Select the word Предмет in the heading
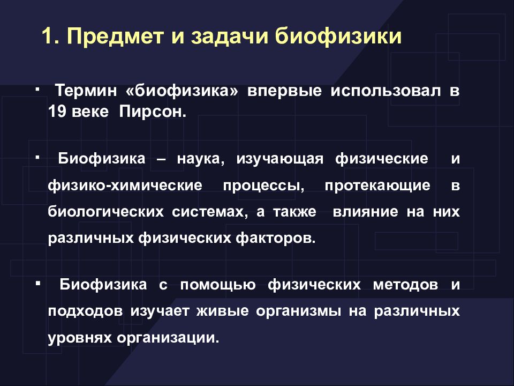click(116, 37)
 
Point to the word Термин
click(86, 91)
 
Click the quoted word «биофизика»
click(182, 91)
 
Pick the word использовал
click(385, 91)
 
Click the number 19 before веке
click(57, 112)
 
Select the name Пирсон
click(153, 112)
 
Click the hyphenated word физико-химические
click(125, 186)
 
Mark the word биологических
click(105, 212)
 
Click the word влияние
click(365, 212)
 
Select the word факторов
click(275, 238)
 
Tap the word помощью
click(218, 285)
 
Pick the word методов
click(405, 285)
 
